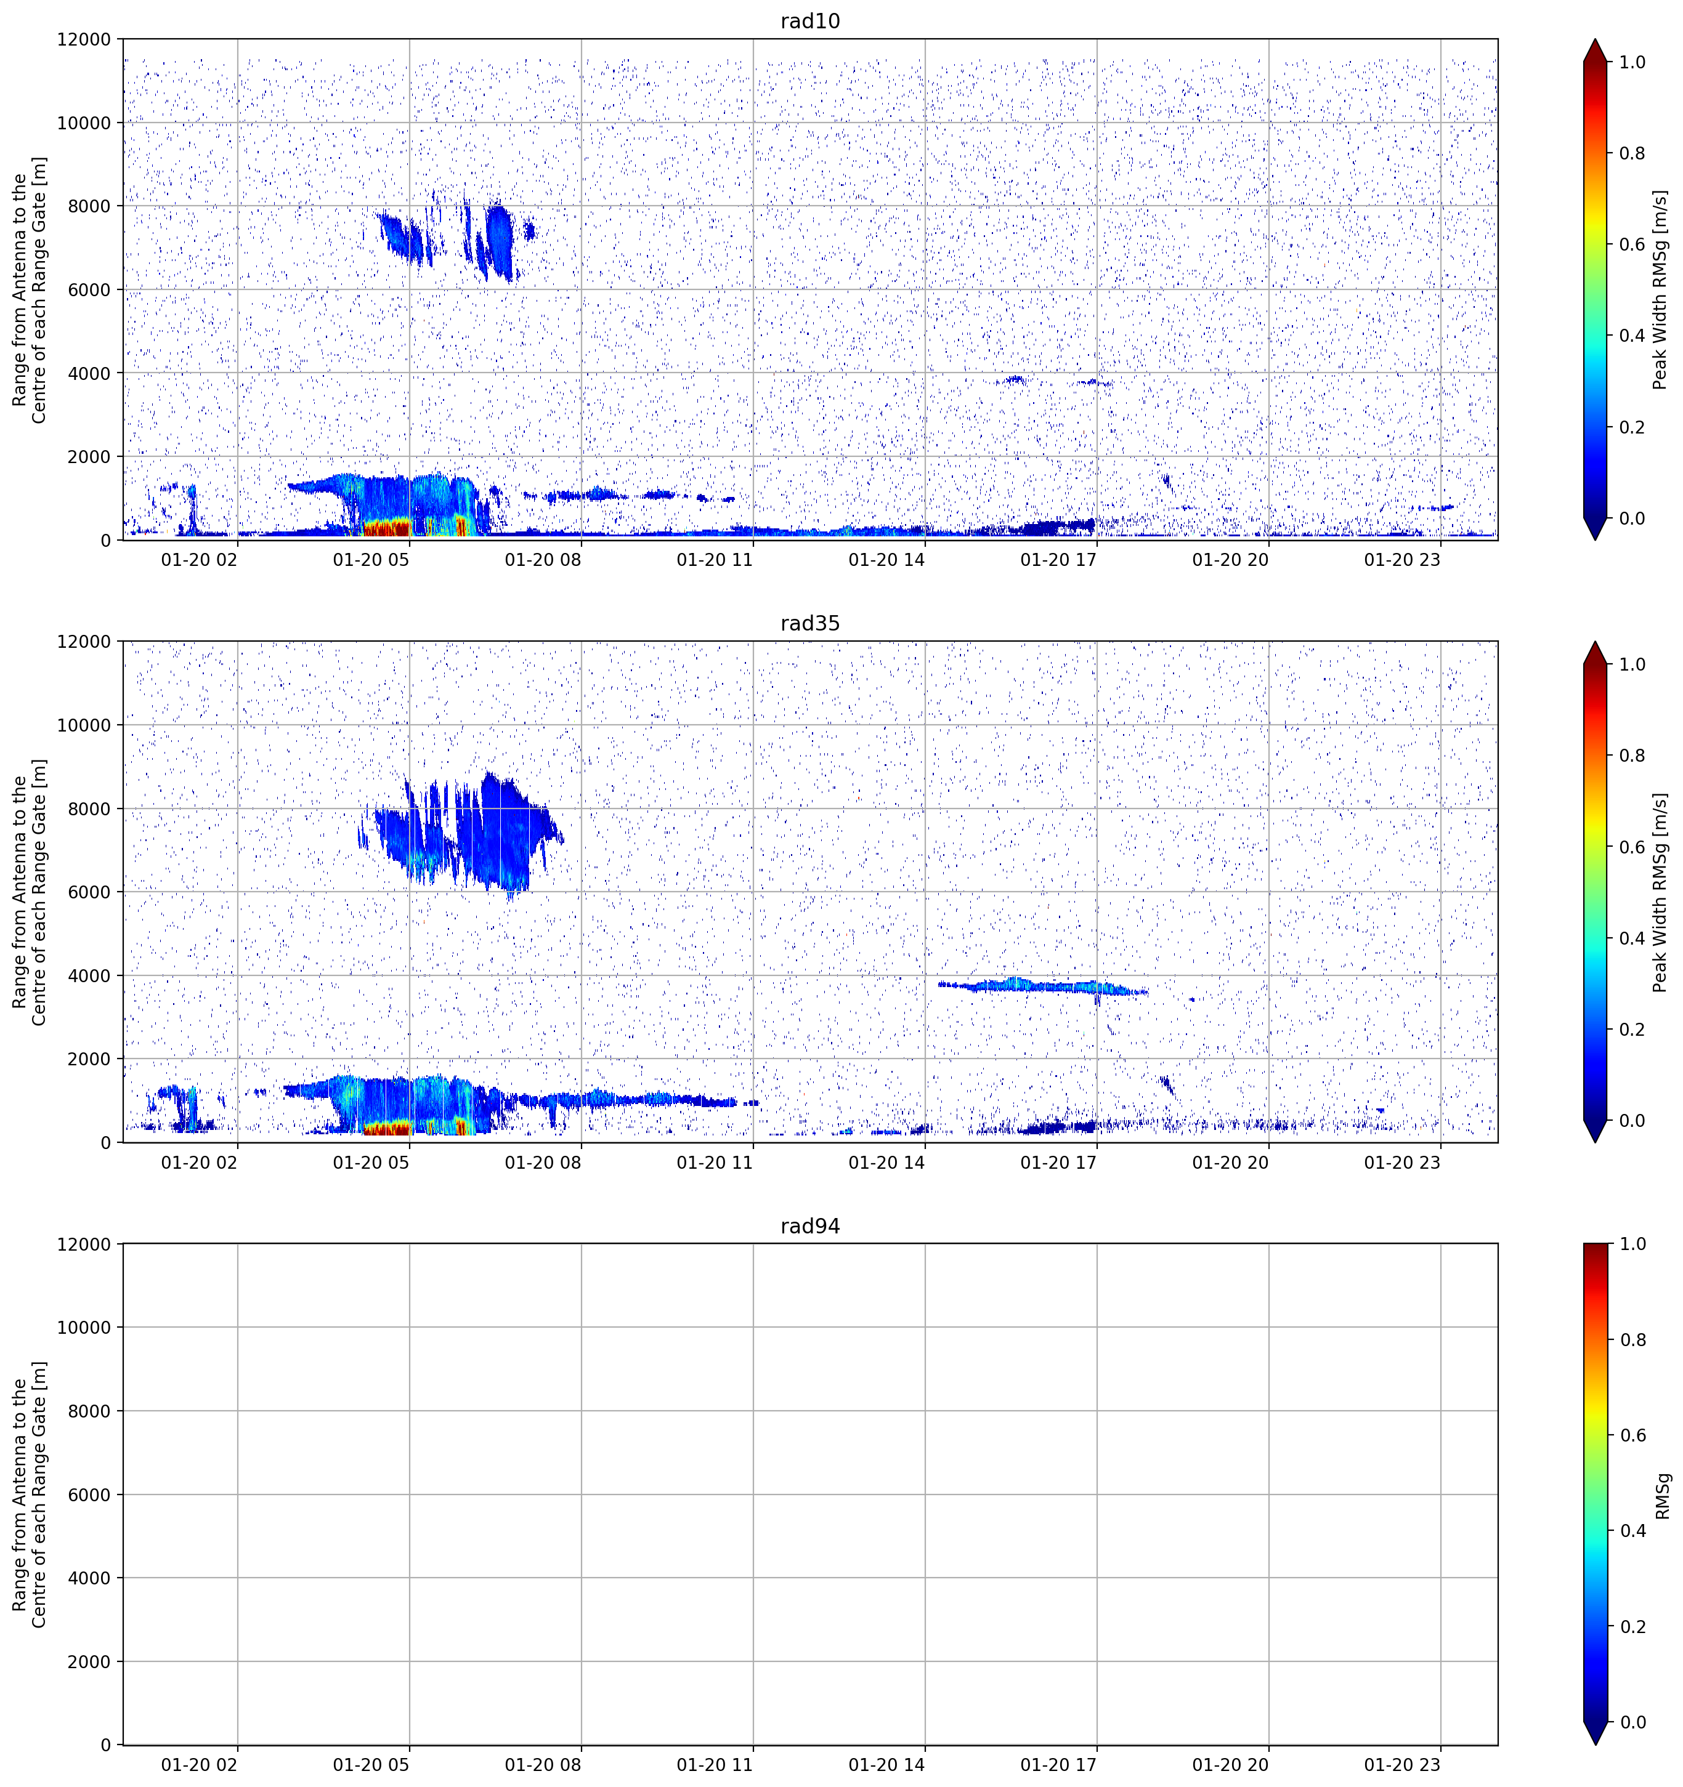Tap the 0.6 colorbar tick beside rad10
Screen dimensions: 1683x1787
pos(1632,244)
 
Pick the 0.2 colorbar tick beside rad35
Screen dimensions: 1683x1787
pos(1632,1029)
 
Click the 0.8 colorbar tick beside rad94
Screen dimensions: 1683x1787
pos(1632,1340)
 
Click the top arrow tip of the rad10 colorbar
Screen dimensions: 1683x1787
pos(1595,39)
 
